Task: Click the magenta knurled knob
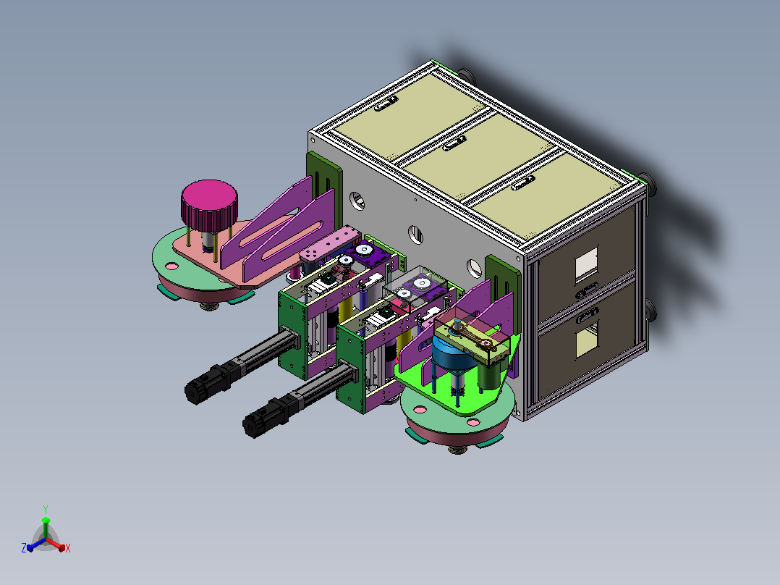pyautogui.click(x=209, y=205)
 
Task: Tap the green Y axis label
pyautogui.click(x=46, y=510)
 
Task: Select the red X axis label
pyautogui.click(x=68, y=548)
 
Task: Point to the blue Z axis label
pyautogui.click(x=24, y=548)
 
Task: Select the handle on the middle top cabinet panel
pyautogui.click(x=454, y=143)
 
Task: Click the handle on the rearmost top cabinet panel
pyautogui.click(x=386, y=104)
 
